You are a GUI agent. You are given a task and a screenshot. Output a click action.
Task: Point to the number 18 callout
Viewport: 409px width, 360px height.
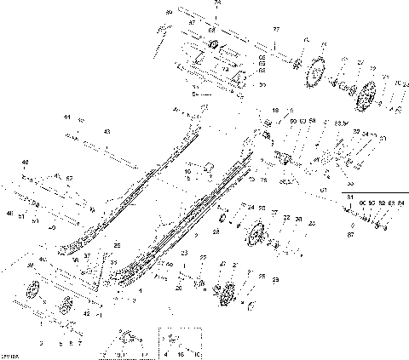pyautogui.click(x=274, y=111)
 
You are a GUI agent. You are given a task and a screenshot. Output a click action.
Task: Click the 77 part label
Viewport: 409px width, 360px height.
pyautogui.click(x=275, y=29)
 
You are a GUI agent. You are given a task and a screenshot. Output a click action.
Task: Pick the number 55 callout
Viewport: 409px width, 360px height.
pyautogui.click(x=262, y=85)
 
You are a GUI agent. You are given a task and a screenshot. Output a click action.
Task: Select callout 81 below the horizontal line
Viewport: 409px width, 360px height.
pyautogui.click(x=350, y=197)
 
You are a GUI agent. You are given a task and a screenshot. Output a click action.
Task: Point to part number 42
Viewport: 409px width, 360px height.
pyautogui.click(x=85, y=313)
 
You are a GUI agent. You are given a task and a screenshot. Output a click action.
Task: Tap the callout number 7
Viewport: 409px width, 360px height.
pyautogui.click(x=81, y=343)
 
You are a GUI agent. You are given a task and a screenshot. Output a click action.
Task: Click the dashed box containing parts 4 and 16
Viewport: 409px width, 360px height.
pyautogui.click(x=176, y=343)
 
